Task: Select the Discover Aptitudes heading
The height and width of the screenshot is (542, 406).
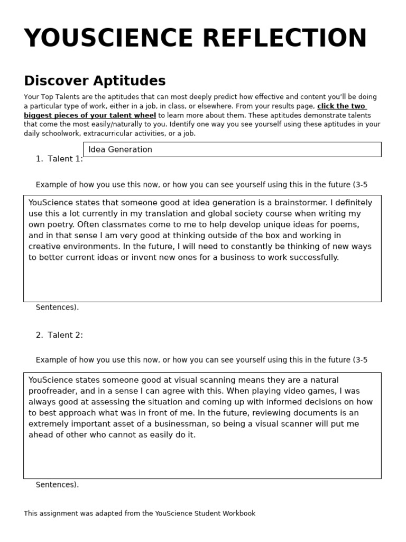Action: [95, 81]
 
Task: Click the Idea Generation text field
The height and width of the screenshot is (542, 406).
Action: [232, 149]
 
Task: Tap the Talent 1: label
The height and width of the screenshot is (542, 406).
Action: [65, 159]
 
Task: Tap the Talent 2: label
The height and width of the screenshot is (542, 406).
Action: [65, 335]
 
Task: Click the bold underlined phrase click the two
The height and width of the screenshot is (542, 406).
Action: [342, 106]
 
